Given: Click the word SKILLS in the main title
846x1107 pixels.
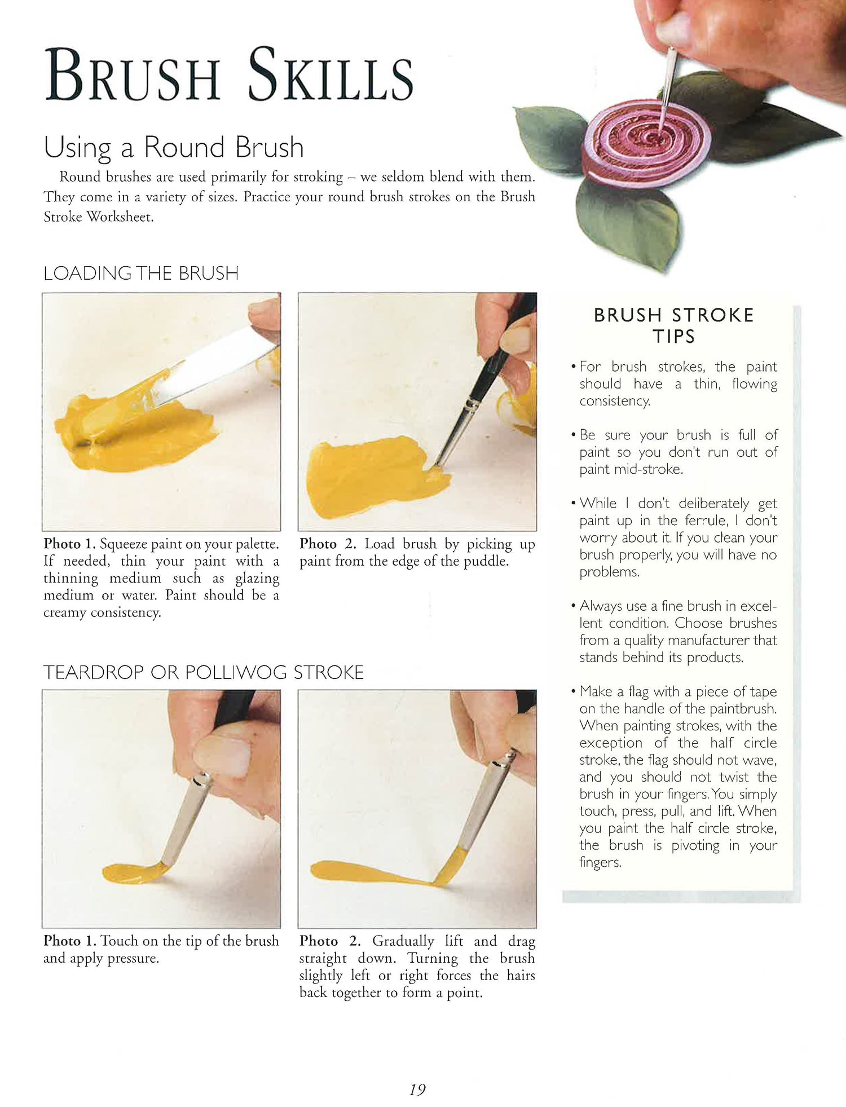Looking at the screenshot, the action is tap(331, 75).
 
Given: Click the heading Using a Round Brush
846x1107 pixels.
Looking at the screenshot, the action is tap(174, 148).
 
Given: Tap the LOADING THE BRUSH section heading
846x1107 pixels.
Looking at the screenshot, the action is tap(141, 273).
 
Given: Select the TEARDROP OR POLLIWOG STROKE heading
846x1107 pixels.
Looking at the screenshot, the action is tap(204, 672).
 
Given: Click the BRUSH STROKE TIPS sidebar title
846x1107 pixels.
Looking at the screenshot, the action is tap(674, 325).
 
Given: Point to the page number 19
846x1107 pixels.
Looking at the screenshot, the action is tap(417, 1090).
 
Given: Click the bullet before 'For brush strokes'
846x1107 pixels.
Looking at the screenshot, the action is tap(573, 367).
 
